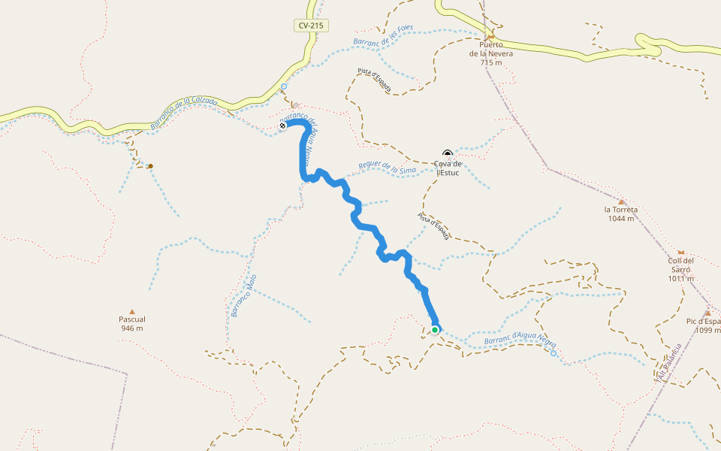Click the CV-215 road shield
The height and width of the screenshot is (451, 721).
(x=310, y=26)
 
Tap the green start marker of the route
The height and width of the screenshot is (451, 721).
(x=435, y=329)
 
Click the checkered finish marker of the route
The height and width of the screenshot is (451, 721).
(x=282, y=126)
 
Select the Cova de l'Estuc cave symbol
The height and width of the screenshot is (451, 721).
(x=448, y=153)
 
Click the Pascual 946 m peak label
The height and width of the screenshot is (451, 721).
(x=131, y=323)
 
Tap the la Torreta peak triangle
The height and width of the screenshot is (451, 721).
(x=622, y=201)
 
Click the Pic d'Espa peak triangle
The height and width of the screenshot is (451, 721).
(x=707, y=313)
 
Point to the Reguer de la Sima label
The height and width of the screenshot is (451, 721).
(x=387, y=168)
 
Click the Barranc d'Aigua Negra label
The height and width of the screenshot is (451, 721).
(x=514, y=340)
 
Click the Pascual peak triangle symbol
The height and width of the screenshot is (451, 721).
(x=132, y=311)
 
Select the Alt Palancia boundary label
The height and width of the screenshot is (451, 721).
(x=668, y=362)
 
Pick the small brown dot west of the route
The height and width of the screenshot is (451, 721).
(x=150, y=165)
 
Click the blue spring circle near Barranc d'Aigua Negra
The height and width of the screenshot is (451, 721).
(x=554, y=353)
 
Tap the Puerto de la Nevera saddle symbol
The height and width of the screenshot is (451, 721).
(x=491, y=36)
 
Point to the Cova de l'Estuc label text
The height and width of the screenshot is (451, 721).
(x=448, y=168)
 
